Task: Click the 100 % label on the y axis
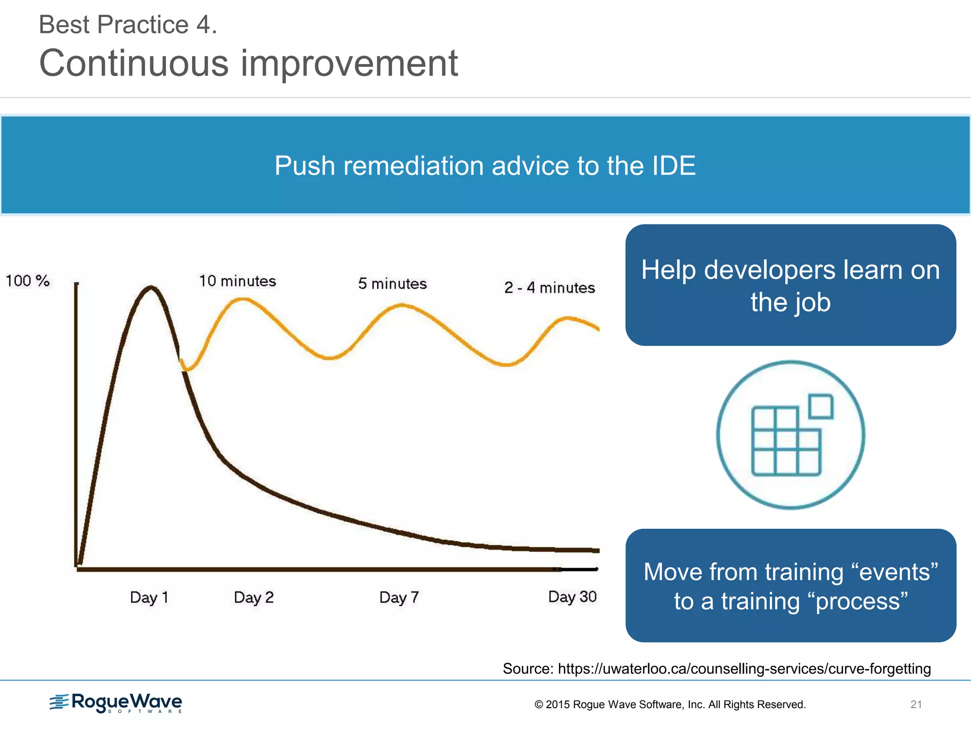coord(27,280)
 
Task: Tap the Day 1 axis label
coord(149,597)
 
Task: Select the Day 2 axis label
coord(254,597)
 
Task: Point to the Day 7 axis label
coord(399,597)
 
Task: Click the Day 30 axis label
coord(572,597)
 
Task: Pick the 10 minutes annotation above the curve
coord(237,281)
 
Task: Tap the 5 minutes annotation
coord(392,284)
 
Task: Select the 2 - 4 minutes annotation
coord(550,288)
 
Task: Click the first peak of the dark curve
coord(151,287)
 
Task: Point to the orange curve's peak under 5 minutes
coord(402,305)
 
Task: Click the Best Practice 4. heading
coord(128,25)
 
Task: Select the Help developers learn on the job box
coord(790,285)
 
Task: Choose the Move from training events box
coord(790,586)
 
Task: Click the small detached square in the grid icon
coord(821,407)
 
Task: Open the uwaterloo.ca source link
coord(744,669)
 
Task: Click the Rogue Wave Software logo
coord(116,703)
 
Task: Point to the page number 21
coord(916,704)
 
